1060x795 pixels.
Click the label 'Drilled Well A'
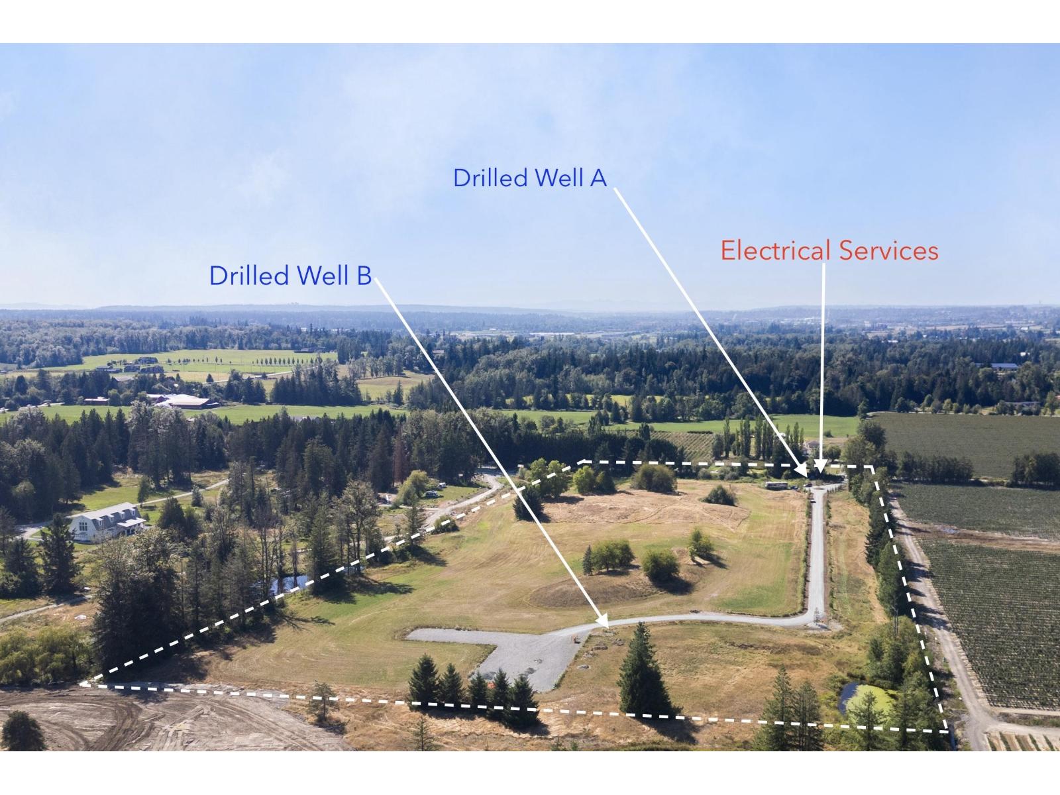point(529,178)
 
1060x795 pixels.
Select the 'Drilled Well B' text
point(290,276)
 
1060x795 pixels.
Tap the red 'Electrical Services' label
point(829,251)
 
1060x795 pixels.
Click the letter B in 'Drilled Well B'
point(364,276)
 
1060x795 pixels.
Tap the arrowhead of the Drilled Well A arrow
point(804,474)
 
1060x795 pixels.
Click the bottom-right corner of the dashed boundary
point(947,731)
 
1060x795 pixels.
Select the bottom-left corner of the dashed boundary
point(81,683)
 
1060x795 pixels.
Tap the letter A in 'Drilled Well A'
point(599,178)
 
